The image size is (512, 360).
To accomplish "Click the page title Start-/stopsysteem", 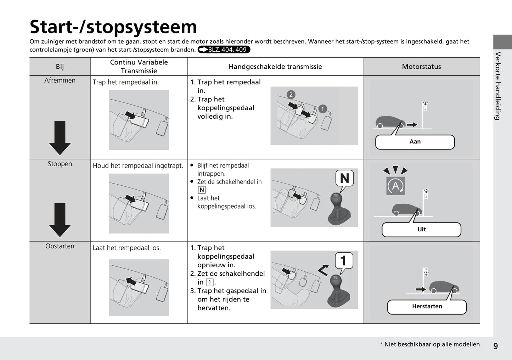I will click(113, 27).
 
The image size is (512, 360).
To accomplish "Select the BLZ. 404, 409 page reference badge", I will click(224, 50).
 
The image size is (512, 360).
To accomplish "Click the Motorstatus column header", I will click(421, 67).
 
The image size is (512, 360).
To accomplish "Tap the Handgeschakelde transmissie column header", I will click(275, 67).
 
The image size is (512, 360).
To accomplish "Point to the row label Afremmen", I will click(60, 80).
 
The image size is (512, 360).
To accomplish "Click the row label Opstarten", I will click(60, 246).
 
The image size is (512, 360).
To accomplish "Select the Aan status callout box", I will click(415, 142).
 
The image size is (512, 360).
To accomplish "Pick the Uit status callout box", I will click(421, 230).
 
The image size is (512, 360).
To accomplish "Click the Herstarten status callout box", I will click(427, 306).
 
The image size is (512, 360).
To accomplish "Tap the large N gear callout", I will click(344, 178).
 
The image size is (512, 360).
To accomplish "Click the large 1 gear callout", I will click(343, 261).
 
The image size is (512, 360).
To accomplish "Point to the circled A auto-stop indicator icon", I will click(395, 186).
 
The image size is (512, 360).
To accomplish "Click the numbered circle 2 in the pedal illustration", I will click(291, 95).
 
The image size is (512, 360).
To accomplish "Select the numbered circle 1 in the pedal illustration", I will click(322, 109).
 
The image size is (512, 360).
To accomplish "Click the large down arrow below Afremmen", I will click(60, 137).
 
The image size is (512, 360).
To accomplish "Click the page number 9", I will click(495, 346).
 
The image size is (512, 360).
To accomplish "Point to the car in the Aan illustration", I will click(390, 122).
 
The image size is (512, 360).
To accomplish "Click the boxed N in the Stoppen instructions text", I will click(202, 190).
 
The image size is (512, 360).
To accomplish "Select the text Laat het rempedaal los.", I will click(127, 248).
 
